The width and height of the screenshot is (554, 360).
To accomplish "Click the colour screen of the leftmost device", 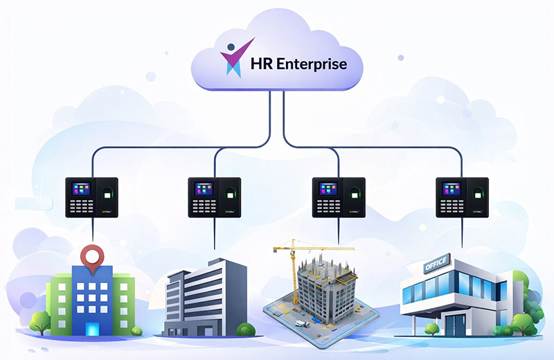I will tap(81, 190).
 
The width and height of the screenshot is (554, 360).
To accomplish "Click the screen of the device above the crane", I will tap(328, 190).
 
